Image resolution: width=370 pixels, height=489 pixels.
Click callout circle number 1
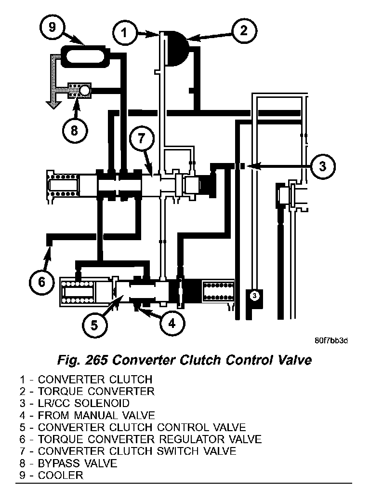pyautogui.click(x=124, y=33)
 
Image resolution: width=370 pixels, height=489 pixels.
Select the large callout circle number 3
pyautogui.click(x=322, y=166)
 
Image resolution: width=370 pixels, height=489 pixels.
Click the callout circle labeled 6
pyautogui.click(x=41, y=281)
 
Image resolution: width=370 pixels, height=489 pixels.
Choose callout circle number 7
pyautogui.click(x=141, y=139)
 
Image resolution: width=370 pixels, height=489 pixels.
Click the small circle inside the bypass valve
pyautogui.click(x=85, y=89)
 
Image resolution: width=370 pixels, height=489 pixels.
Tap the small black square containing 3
pyautogui.click(x=254, y=295)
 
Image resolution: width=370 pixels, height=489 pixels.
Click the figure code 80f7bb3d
pyautogui.click(x=331, y=340)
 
